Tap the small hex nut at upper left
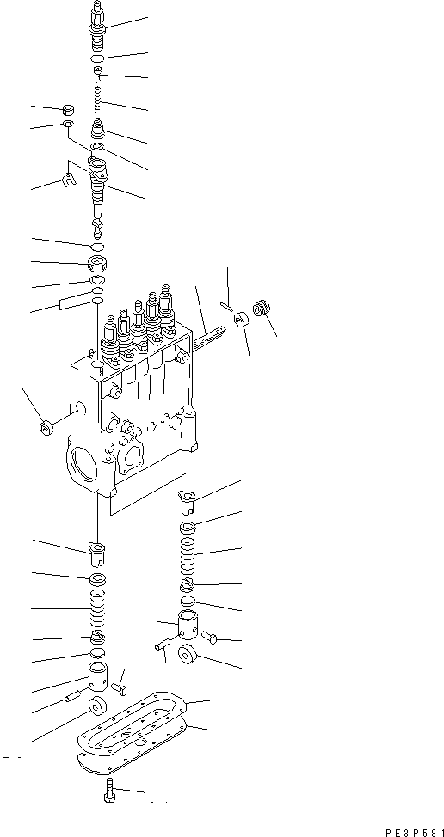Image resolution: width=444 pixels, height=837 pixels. [67, 110]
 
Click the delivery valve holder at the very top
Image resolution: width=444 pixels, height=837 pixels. [98, 23]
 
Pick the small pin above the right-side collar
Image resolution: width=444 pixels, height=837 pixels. [225, 305]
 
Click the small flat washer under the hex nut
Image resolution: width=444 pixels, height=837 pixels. [67, 126]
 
